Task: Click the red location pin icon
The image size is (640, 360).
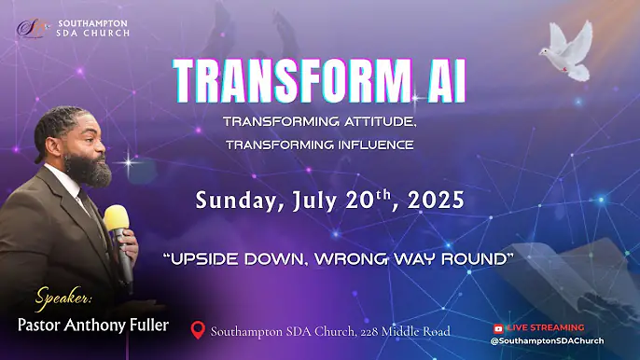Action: click(x=197, y=330)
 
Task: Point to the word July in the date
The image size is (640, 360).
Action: click(x=315, y=201)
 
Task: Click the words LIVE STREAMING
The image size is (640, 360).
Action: click(x=545, y=328)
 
